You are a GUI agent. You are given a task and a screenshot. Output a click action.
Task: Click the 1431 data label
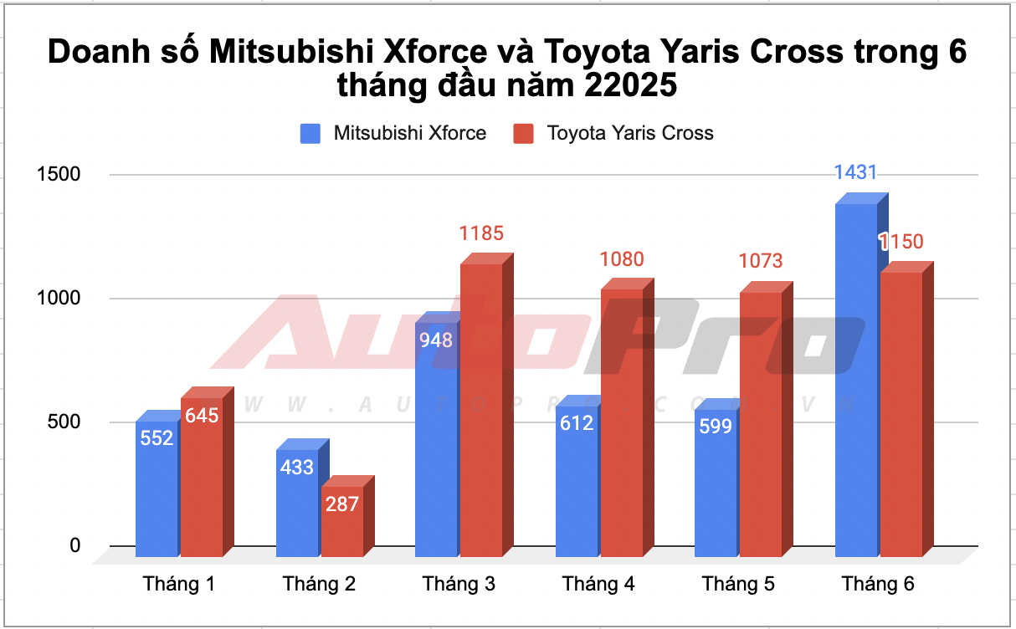tap(855, 173)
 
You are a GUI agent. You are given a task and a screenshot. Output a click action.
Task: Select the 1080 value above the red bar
tap(622, 259)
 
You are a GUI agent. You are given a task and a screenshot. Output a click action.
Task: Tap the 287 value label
tap(342, 504)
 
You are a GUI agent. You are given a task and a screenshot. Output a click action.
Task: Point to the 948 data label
tap(436, 340)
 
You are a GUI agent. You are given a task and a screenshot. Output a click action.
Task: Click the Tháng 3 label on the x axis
tap(459, 584)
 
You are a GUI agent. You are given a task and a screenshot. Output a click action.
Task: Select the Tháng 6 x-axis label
tap(878, 584)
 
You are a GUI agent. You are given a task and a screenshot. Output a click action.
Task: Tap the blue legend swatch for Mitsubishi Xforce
tap(310, 133)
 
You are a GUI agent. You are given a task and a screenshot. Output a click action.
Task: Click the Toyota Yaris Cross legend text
tap(630, 133)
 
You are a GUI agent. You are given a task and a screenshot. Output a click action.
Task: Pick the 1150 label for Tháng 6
tap(901, 243)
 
